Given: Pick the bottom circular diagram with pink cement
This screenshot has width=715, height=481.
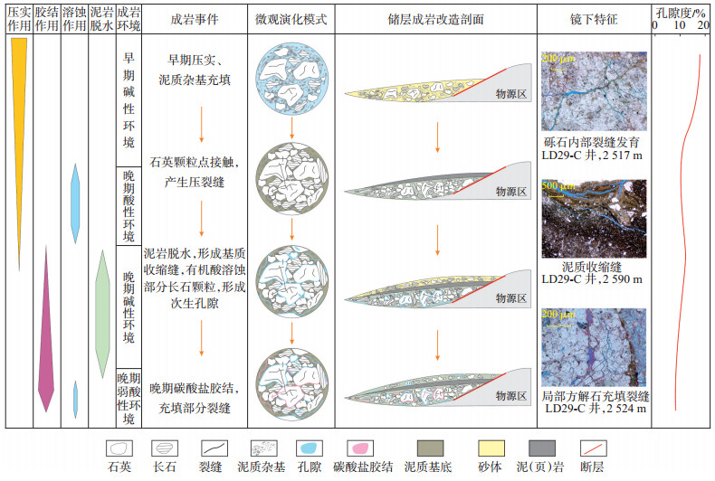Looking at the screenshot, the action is tap(291, 382).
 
